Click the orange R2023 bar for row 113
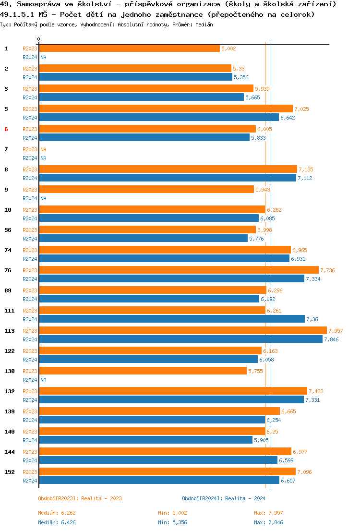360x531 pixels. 182,330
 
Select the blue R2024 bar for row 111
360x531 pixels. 171,319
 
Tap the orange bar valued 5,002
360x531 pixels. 129,48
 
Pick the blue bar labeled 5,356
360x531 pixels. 135,77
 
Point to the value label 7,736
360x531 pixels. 327,270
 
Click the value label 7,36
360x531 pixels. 312,319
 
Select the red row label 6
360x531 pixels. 6,129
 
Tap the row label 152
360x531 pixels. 10,472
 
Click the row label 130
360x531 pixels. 10,371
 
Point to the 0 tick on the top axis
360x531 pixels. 39,39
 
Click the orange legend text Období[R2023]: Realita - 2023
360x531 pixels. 80,498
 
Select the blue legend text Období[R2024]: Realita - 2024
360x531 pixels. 224,498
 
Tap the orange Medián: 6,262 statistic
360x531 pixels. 57,513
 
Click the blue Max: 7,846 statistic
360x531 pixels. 272,522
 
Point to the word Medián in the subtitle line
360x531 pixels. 204,24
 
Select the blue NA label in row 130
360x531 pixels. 43,380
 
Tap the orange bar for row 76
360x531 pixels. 179,270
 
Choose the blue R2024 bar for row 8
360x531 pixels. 167,178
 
